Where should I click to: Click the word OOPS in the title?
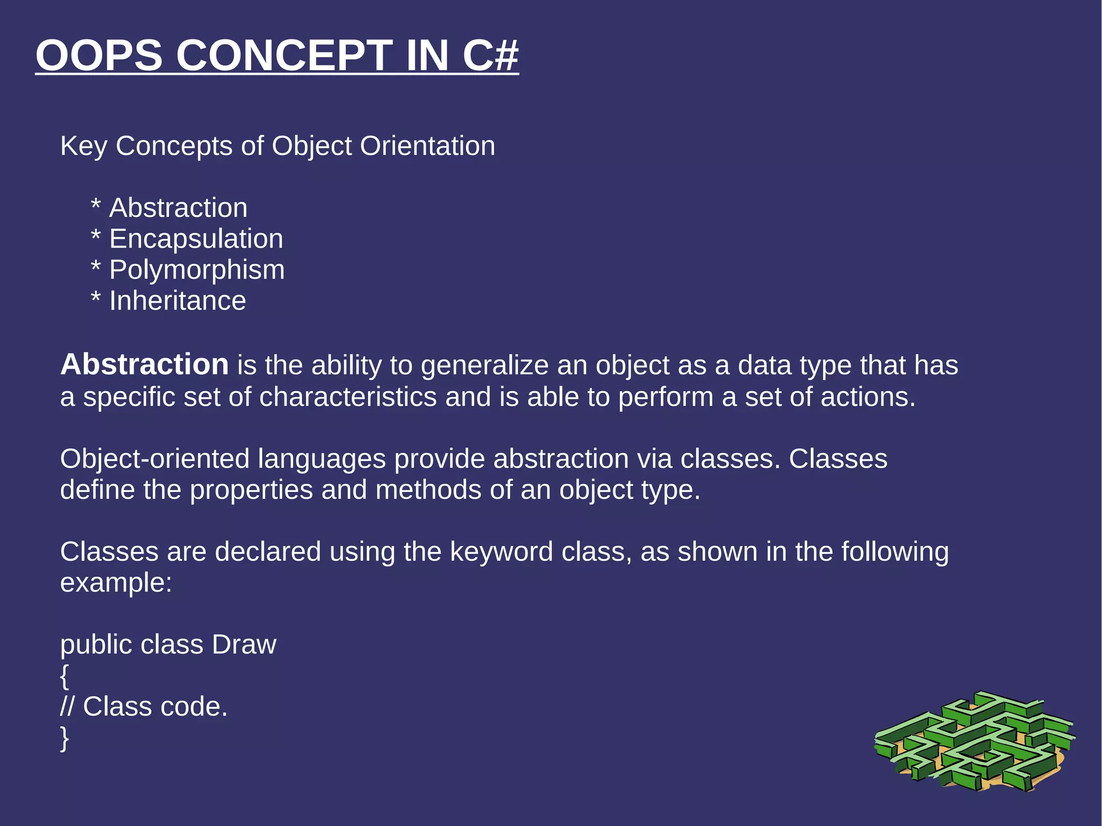click(99, 55)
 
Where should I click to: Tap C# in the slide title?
click(490, 55)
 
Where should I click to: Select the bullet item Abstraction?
click(178, 208)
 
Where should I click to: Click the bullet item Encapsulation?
click(196, 238)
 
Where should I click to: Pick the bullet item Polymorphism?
click(197, 270)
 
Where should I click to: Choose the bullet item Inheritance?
click(178, 300)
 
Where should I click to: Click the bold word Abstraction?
click(145, 365)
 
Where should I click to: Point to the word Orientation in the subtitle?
click(427, 146)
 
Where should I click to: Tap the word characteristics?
click(348, 397)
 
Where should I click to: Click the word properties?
click(251, 490)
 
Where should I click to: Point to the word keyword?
click(501, 552)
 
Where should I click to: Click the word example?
click(116, 583)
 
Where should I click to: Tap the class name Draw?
click(244, 645)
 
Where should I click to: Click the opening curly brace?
click(65, 676)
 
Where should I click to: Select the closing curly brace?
click(65, 738)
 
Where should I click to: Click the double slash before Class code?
click(67, 707)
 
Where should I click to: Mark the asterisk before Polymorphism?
click(96, 267)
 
